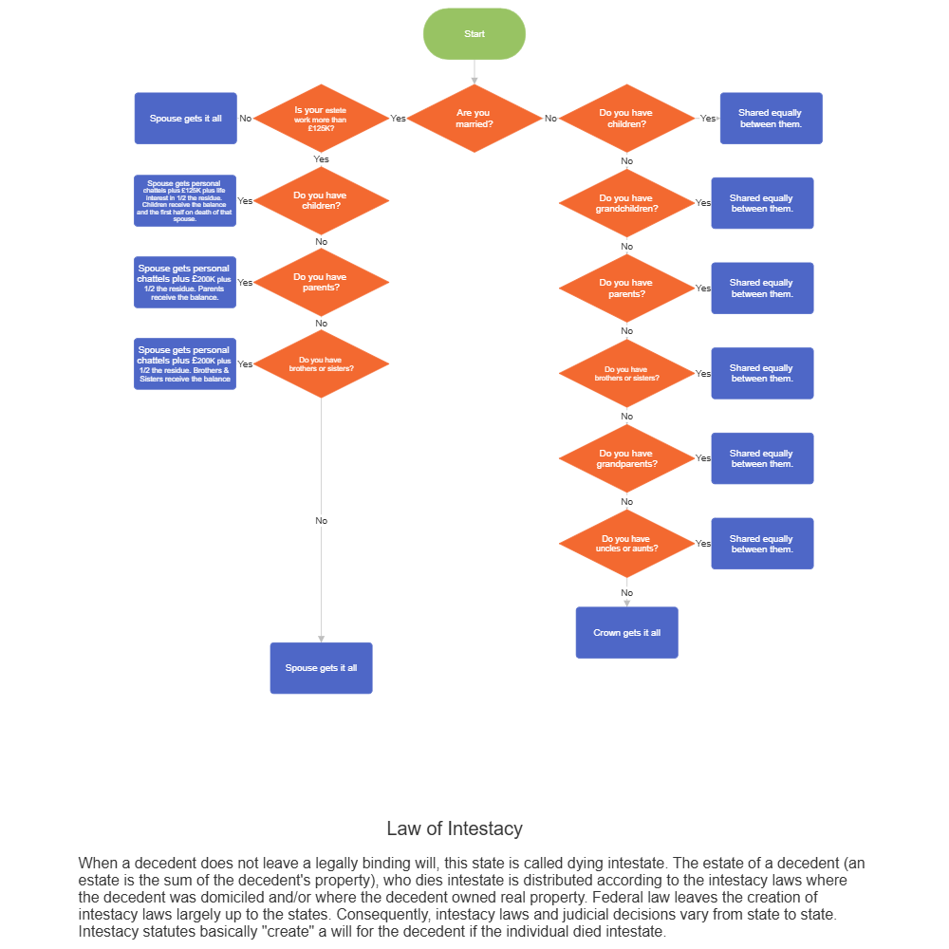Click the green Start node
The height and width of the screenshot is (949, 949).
(x=474, y=34)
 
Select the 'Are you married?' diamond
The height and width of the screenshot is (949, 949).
(x=474, y=119)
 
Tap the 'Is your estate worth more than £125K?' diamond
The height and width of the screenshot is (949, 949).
(x=321, y=119)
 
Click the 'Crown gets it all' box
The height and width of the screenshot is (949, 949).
(x=626, y=632)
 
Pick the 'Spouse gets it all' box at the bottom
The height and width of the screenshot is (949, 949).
(x=321, y=668)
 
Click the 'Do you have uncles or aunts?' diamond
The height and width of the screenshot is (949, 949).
(x=626, y=544)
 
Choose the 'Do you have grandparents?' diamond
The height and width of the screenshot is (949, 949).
(x=626, y=458)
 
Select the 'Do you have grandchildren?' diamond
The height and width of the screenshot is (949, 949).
(x=626, y=203)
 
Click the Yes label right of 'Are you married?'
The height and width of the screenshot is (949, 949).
(x=398, y=119)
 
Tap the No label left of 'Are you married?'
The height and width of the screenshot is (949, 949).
(x=550, y=119)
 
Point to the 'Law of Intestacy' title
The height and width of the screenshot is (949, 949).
(x=455, y=828)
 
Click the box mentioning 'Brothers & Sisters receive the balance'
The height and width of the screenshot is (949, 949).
(x=185, y=363)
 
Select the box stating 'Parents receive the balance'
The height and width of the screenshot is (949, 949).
(x=185, y=282)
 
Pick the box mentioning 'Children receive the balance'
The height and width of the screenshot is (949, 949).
(x=185, y=200)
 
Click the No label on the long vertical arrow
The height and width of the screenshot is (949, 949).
(x=321, y=520)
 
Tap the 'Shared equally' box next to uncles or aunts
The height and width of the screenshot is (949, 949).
(x=762, y=544)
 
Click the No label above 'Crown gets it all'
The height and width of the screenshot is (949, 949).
(x=626, y=593)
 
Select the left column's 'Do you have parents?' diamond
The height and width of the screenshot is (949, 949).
(x=321, y=282)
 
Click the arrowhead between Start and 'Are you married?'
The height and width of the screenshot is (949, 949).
(x=474, y=80)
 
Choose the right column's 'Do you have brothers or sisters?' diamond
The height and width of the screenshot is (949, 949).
(x=626, y=373)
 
